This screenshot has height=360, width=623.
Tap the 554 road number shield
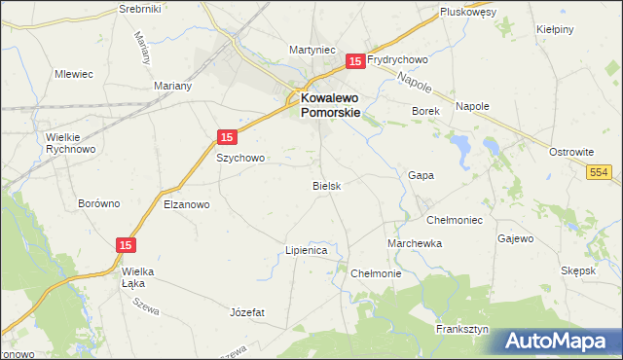pos(600,171)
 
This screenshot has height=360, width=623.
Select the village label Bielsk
pos(326,185)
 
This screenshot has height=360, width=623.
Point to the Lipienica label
pos(306,250)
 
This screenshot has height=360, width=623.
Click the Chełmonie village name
pos(376,273)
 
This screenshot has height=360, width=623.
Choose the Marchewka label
pos(415,243)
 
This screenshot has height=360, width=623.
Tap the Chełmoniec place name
pos(455,220)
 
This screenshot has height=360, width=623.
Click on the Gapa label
pos(421,175)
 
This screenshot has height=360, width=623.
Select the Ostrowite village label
pos(571,153)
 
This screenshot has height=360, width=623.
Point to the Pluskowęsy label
pos(468,12)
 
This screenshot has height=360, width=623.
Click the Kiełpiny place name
pos(557,30)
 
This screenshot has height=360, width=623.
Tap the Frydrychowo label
pos(398,59)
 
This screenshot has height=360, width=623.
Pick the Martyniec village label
pos(312,49)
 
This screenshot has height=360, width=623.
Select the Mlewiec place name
pos(74,73)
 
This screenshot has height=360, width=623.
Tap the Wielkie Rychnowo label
pos(71,143)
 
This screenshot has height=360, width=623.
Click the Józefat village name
pos(247,312)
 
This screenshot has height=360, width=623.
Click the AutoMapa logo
pos(559,342)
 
